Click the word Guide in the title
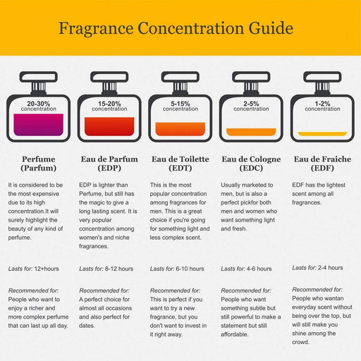click(271, 28)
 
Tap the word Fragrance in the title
click(96, 28)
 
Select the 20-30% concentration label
click(39, 106)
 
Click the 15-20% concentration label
click(109, 106)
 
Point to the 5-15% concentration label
click(180, 106)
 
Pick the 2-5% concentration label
click(251, 106)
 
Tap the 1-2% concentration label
click(322, 106)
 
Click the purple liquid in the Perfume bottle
click(39, 125)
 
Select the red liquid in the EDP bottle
click(109, 126)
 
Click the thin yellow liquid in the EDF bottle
click(322, 134)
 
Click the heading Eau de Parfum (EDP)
click(109, 164)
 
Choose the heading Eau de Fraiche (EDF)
click(322, 164)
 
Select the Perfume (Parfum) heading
click(39, 164)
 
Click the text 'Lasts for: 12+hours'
click(34, 269)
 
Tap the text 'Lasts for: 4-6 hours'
click(246, 269)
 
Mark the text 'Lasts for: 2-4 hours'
click(317, 268)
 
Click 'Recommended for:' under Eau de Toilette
click(175, 290)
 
